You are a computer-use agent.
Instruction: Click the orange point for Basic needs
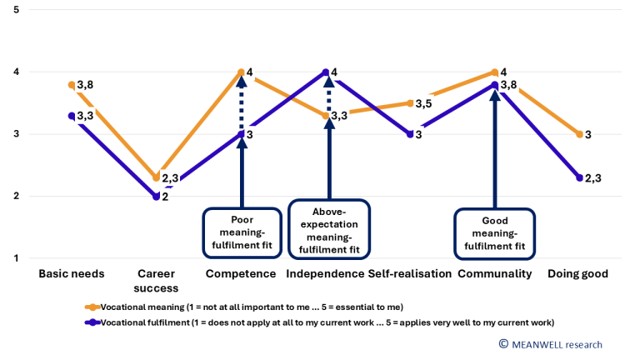(x=72, y=84)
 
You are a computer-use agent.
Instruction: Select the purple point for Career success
(x=156, y=197)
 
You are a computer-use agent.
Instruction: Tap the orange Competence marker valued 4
(x=241, y=72)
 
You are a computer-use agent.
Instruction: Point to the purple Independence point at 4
(x=326, y=72)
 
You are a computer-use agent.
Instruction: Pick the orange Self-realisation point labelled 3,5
(x=410, y=103)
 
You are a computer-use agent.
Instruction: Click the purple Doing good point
(x=579, y=177)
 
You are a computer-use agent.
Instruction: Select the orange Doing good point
(x=579, y=134)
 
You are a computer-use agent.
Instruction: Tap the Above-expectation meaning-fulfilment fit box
(x=327, y=227)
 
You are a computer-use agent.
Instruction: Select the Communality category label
(x=494, y=273)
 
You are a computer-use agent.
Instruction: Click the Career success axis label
(x=156, y=281)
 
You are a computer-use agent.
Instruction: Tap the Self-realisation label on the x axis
(x=410, y=273)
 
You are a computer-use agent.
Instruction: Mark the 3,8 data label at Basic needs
(x=86, y=85)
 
